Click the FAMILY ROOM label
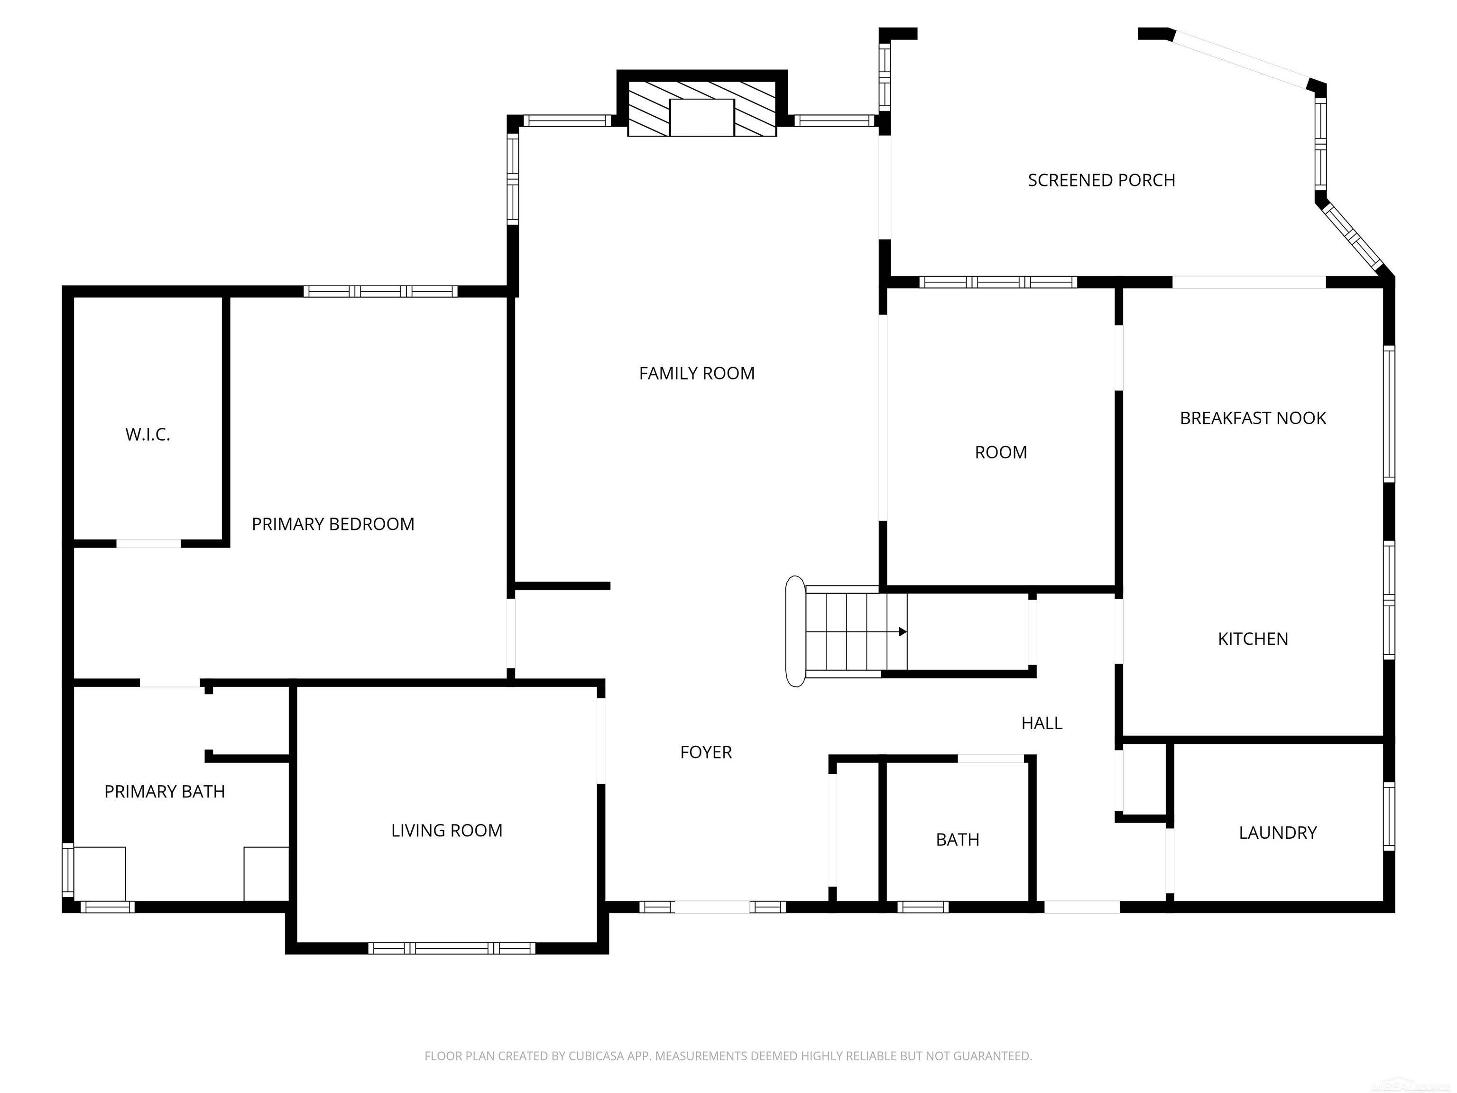pos(696,373)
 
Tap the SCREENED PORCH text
pos(1101,181)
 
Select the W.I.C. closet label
pos(148,435)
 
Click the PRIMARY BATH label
pos(165,791)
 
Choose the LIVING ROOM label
pos(447,831)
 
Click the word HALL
pos(1042,723)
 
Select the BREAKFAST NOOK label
pos(1252,418)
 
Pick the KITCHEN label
pos(1252,639)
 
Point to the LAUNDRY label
pos(1277,833)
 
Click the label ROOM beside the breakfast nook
pos(1001,453)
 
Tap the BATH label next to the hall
pos(957,840)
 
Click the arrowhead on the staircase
pos(903,632)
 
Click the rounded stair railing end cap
pos(795,631)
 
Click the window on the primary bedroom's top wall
pos(380,291)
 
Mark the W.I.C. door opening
pos(149,544)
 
